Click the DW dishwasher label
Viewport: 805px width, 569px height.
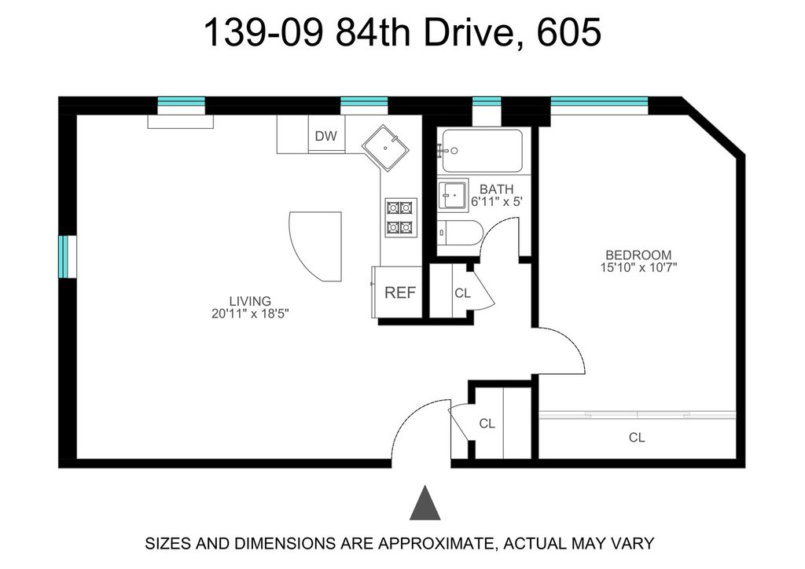[x=326, y=136]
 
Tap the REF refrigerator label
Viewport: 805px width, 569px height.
[x=400, y=292]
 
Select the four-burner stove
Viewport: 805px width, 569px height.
[x=401, y=218]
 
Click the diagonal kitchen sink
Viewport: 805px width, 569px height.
[x=385, y=148]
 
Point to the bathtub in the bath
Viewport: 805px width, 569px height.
[x=482, y=151]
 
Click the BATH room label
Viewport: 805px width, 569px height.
[x=497, y=189]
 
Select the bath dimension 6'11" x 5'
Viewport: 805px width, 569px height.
[x=497, y=202]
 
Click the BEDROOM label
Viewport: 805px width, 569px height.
[x=638, y=255]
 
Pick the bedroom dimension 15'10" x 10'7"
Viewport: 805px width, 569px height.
[x=638, y=267]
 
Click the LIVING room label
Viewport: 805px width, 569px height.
[x=250, y=301]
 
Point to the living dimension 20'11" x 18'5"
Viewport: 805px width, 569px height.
[x=250, y=314]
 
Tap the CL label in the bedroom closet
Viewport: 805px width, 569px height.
[x=637, y=438]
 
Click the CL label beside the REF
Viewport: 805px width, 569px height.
[x=462, y=293]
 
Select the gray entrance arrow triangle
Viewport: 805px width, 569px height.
[x=425, y=503]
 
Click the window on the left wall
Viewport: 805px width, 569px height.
[x=68, y=256]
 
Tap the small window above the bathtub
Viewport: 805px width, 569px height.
[x=486, y=101]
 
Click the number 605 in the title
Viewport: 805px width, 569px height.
[x=569, y=32]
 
